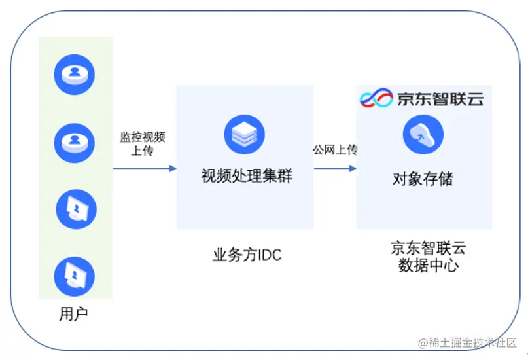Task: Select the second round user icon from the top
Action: pyautogui.click(x=75, y=141)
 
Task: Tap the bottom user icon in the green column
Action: pyautogui.click(x=75, y=276)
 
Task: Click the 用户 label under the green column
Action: pyautogui.click(x=73, y=315)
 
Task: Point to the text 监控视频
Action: pyautogui.click(x=142, y=137)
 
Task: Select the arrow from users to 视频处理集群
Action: pyautogui.click(x=145, y=168)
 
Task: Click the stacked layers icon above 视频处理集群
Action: pyautogui.click(x=244, y=134)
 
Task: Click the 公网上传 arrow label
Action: pyautogui.click(x=335, y=150)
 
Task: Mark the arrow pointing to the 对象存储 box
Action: pyautogui.click(x=334, y=168)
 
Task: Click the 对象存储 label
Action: pyautogui.click(x=423, y=178)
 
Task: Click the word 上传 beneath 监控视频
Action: pyautogui.click(x=142, y=152)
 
